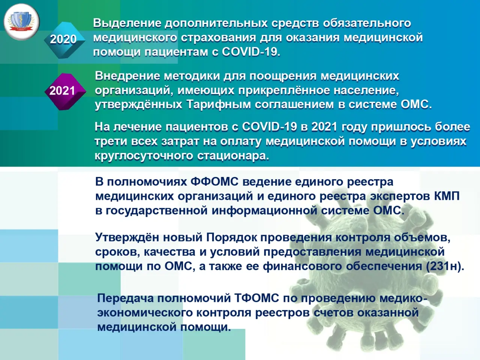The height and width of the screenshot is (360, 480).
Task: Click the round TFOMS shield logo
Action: click(21, 22)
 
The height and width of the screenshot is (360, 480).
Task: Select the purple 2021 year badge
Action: click(65, 91)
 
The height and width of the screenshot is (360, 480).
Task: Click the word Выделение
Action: click(127, 23)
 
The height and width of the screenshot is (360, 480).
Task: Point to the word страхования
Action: click(219, 38)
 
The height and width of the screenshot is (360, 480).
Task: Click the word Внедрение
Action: click(127, 76)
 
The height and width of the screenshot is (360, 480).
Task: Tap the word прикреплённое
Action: click(284, 90)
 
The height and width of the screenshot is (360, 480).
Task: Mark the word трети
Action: click(111, 141)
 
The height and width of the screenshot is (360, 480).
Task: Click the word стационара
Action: click(233, 156)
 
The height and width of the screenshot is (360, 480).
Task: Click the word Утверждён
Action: click(127, 237)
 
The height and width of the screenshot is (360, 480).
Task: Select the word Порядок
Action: click(232, 238)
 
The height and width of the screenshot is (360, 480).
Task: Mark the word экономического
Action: click(145, 313)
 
